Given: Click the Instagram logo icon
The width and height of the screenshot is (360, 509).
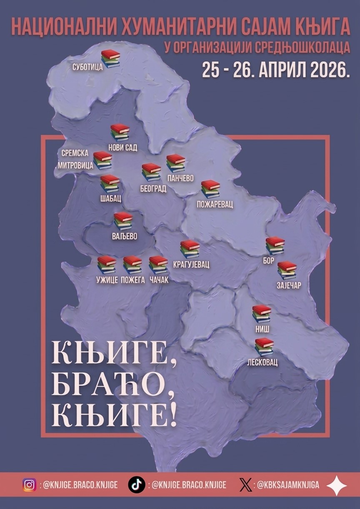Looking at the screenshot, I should tap(29, 485).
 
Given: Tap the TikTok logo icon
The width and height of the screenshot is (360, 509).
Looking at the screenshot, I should tap(136, 485).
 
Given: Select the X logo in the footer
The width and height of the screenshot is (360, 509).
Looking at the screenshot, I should tap(245, 485).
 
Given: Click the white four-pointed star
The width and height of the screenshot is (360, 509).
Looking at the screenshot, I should tap(336, 485).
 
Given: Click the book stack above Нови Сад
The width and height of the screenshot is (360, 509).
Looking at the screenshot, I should tap(120, 132).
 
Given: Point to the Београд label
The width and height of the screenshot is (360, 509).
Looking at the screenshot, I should tap(153, 189).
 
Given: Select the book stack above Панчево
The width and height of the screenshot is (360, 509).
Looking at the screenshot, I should tap(175, 163).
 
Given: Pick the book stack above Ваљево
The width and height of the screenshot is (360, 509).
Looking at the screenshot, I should tap(123, 221).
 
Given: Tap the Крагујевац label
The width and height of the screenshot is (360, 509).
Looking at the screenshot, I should tap(191, 264).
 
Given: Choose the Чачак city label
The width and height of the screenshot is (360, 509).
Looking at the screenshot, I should tap(159, 280).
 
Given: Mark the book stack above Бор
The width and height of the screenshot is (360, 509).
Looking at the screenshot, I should tap(275, 245).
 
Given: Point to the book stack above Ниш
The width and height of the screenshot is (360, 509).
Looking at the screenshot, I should tap(262, 314).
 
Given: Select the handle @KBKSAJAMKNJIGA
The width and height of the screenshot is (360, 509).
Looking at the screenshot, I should tap(288, 485).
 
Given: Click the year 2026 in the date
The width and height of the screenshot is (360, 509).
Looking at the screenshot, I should tap(327, 71).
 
